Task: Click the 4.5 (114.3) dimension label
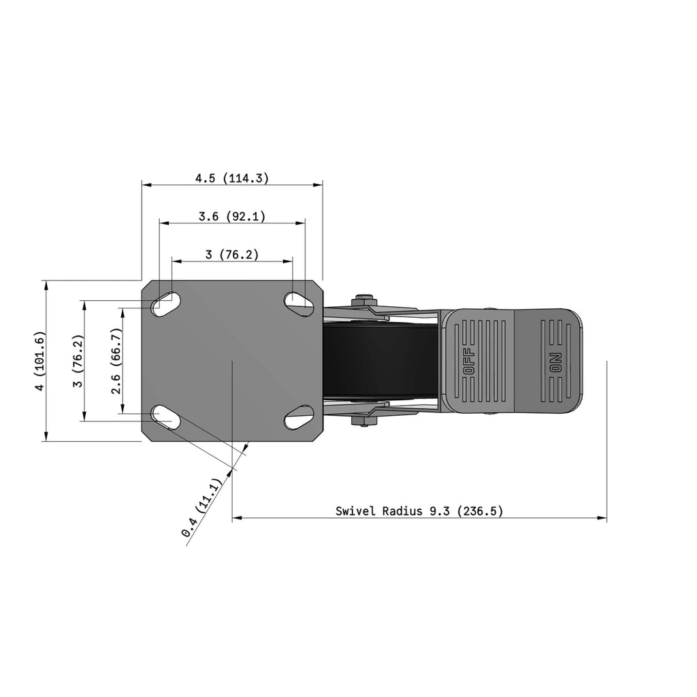click(232, 178)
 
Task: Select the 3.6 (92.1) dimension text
click(232, 216)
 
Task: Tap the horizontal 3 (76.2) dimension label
click(232, 255)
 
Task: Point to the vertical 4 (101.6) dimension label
click(40, 361)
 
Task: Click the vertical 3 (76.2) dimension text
click(78, 361)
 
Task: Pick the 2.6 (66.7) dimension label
click(116, 361)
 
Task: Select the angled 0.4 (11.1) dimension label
click(201, 508)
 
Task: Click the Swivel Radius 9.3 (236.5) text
click(419, 511)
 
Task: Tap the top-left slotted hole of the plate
click(166, 304)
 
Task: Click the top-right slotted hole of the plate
click(299, 304)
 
